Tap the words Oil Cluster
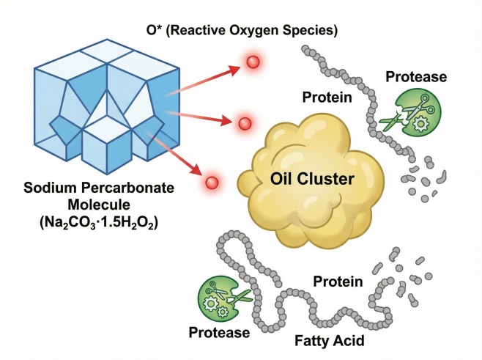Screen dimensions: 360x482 [x=314, y=179]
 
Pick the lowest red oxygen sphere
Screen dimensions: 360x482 [x=212, y=181]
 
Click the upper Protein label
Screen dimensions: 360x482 [x=328, y=98]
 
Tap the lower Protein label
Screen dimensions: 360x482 [x=337, y=282]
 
